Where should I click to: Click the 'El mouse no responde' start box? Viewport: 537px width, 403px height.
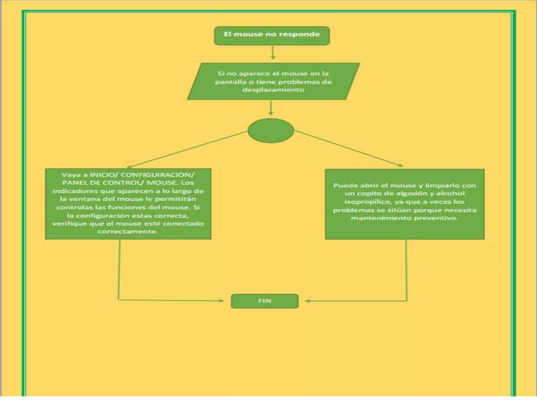pos(272,36)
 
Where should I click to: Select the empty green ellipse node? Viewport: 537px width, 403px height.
pos(271,130)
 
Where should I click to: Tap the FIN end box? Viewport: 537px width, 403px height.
pos(264,301)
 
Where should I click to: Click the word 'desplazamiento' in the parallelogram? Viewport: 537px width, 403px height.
pos(273,90)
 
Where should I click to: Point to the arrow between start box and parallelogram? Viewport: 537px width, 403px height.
pos(273,52)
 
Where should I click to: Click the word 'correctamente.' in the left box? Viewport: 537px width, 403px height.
pos(128,231)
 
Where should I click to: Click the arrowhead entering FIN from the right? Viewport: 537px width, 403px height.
pos(307,301)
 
